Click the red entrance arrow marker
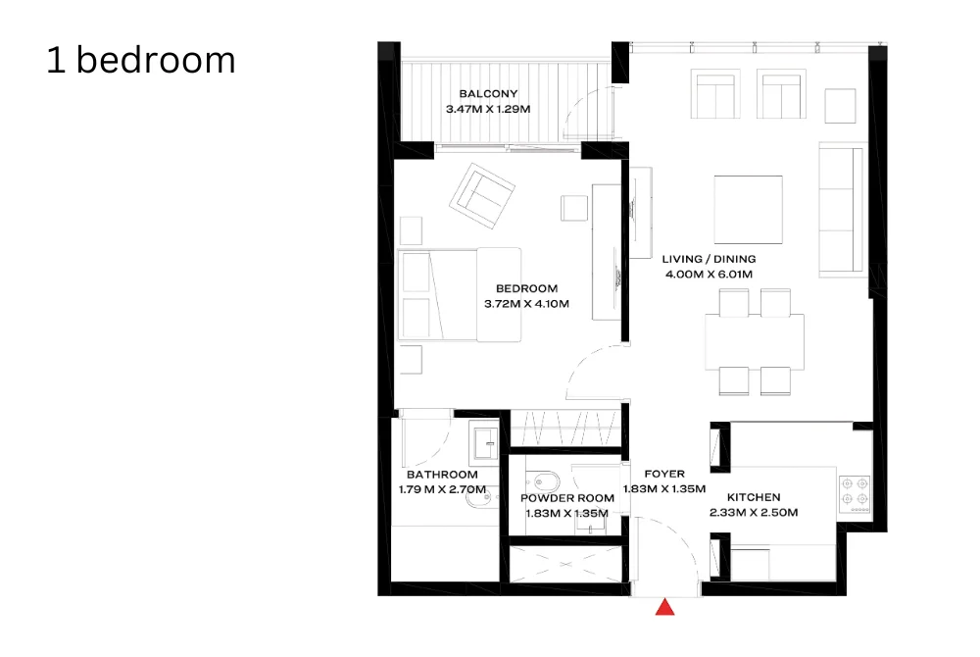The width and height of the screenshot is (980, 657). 665,607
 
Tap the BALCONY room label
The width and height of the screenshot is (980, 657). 488,94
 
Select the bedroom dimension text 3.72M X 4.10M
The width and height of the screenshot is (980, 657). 526,304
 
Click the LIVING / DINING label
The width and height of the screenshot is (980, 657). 709,259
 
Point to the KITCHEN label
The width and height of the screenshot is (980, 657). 754,497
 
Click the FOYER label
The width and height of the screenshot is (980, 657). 664,474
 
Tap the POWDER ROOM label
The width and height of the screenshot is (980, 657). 567,498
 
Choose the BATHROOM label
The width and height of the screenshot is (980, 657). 443,475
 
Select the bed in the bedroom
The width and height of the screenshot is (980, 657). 460,294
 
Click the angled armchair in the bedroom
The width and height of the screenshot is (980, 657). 482,196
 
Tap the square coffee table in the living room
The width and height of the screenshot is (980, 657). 748,210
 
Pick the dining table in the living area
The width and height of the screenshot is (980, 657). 755,342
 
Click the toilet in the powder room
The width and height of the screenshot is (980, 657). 544,481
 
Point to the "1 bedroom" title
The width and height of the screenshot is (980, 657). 141,60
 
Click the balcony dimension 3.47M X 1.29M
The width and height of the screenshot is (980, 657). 488,110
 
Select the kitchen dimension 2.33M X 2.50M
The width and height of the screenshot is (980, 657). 754,513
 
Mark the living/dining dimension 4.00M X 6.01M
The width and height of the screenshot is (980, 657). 709,274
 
